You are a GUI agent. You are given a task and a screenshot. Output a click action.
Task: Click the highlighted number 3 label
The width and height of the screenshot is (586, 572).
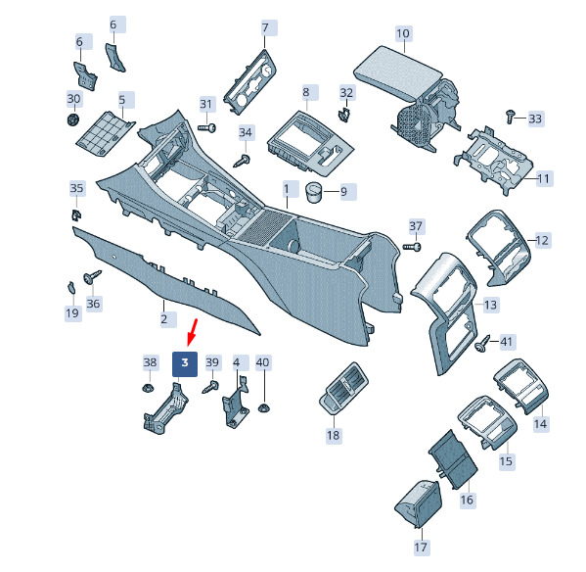point(185,363)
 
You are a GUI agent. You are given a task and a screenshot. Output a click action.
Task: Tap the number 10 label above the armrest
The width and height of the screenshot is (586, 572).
point(403,33)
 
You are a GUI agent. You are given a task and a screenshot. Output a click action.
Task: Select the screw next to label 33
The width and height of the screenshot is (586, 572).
point(510,116)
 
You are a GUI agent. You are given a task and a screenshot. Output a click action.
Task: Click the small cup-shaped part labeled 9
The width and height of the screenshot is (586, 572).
point(313,192)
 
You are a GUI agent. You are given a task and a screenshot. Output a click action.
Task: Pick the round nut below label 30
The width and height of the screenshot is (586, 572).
point(72,119)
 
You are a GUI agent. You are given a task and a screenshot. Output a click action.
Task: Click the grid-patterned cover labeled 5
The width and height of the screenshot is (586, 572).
point(106,134)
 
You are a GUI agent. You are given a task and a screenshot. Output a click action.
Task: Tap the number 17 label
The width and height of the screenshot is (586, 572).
point(421,547)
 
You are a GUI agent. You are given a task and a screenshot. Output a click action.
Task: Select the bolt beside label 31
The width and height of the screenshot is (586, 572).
point(206,128)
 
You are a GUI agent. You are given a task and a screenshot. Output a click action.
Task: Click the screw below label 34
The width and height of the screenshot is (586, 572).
point(242,161)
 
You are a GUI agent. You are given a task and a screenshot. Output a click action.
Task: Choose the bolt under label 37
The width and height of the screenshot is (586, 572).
point(412,247)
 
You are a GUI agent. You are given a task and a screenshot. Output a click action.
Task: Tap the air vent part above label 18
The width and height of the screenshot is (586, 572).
point(343,388)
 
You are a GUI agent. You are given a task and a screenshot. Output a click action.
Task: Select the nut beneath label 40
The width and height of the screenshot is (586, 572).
point(264,408)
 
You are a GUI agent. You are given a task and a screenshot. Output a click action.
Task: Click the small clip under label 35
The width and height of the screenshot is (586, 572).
point(76,215)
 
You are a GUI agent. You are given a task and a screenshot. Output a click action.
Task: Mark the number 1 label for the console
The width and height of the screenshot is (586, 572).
point(287,189)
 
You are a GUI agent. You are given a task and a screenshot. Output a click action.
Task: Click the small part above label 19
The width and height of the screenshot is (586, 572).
point(71,287)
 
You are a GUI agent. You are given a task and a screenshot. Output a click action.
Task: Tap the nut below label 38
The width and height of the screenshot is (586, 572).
point(149,387)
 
